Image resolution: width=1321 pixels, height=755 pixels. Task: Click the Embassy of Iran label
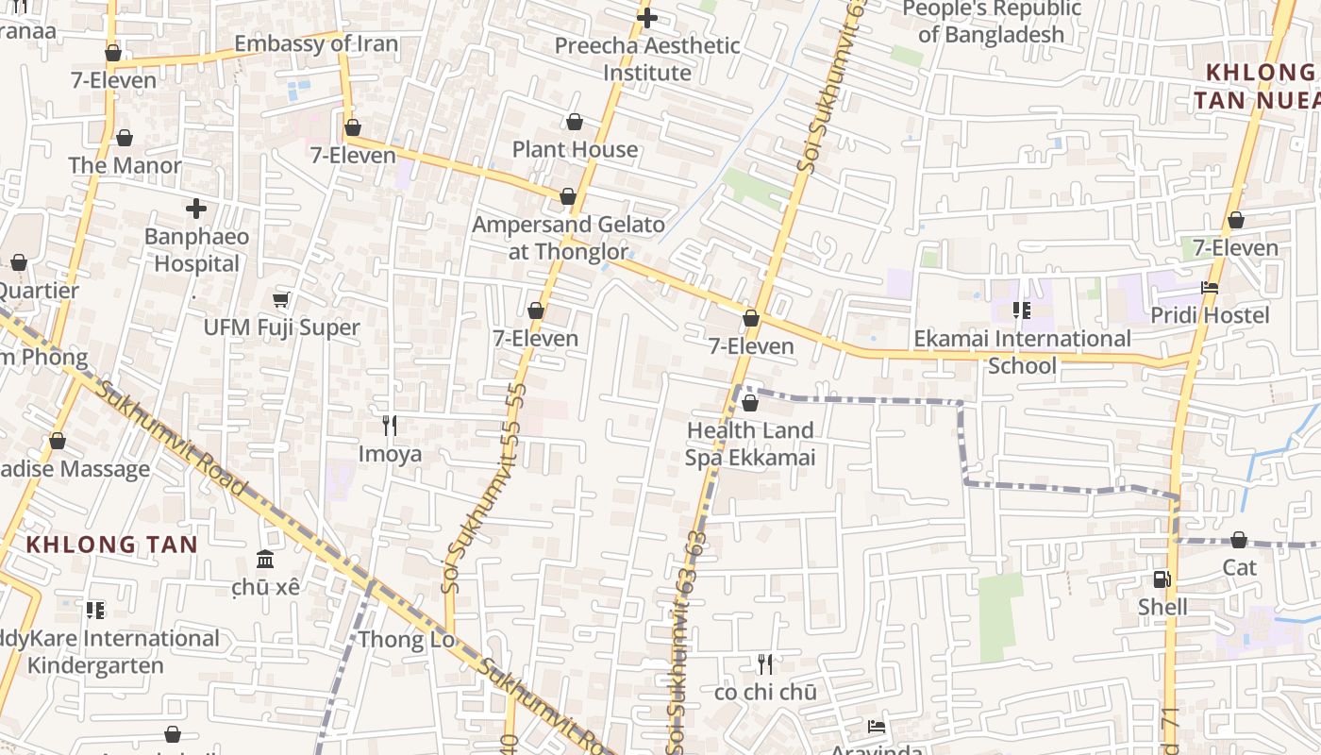click(315, 43)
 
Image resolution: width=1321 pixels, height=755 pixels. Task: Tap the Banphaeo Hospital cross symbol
click(196, 209)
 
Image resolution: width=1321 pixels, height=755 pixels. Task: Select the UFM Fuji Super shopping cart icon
click(280, 300)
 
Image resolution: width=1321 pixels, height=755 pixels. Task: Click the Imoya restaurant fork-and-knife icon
click(390, 426)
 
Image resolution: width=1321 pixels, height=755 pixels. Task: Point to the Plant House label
click(575, 149)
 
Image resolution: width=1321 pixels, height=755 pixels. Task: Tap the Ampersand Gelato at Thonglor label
click(568, 238)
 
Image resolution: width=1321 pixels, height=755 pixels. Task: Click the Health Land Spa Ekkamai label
click(749, 444)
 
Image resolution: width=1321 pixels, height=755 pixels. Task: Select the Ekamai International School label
click(1022, 351)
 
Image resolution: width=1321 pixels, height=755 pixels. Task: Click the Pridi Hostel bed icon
click(1210, 288)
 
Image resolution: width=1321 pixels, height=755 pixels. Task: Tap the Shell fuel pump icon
click(1162, 579)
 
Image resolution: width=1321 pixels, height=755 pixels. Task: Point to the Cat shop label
click(1239, 567)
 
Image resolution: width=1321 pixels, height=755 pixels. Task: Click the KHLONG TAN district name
click(111, 545)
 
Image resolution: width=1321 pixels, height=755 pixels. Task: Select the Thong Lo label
click(406, 640)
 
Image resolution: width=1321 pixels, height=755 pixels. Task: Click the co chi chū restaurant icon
click(765, 664)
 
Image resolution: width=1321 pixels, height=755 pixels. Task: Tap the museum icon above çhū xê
click(265, 560)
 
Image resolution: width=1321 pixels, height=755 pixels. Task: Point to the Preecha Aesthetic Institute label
click(646, 59)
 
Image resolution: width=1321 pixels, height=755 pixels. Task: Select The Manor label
click(125, 165)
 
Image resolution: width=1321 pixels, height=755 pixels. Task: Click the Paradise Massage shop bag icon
click(58, 441)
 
